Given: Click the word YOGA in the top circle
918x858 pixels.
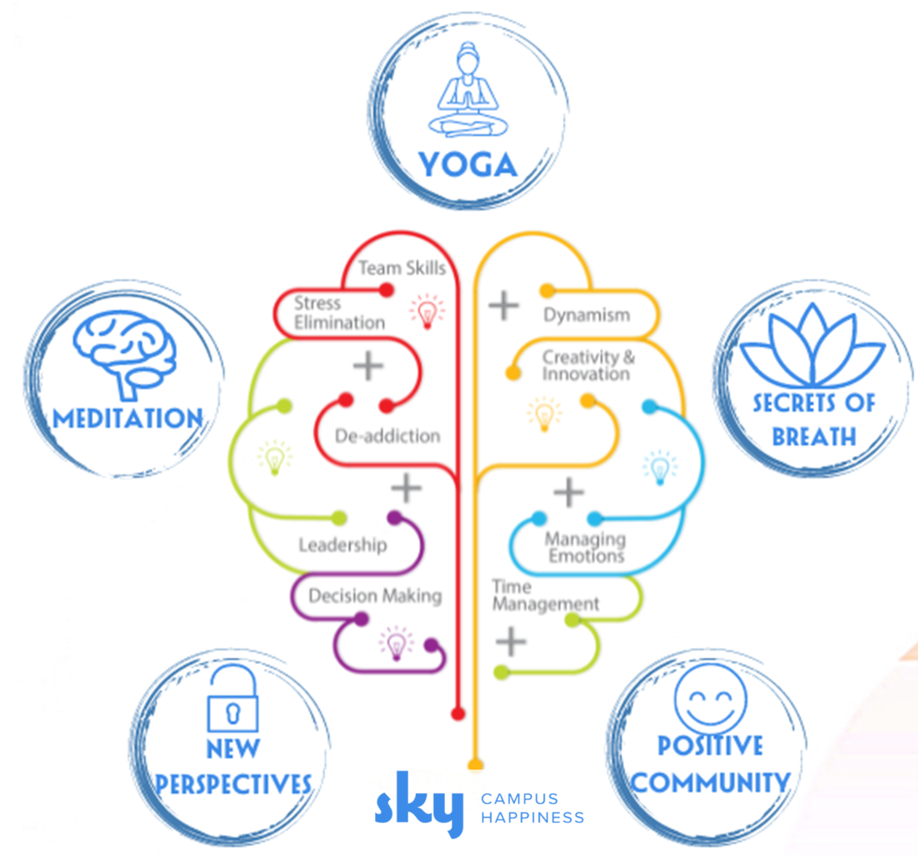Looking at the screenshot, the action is click(467, 165).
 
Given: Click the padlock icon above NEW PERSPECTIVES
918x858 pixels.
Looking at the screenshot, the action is click(233, 698).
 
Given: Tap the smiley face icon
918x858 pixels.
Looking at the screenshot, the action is click(710, 698).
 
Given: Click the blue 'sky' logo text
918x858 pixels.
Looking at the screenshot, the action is click(419, 803).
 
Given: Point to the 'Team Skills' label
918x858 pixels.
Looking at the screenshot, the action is click(401, 268).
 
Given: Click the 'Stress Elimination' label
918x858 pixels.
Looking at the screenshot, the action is click(339, 313).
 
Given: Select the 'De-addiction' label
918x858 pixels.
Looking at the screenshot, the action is click(387, 436).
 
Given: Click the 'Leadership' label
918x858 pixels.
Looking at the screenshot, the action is click(343, 545).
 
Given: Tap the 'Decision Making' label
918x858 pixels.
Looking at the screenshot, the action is click(375, 596).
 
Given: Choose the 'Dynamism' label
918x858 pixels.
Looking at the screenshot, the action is click(587, 315).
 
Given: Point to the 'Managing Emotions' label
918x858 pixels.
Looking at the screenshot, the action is click(586, 548).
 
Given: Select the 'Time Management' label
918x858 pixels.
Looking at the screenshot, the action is click(545, 595).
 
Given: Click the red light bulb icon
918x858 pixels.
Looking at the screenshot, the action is click(426, 310).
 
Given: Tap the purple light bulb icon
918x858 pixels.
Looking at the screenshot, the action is click(396, 643).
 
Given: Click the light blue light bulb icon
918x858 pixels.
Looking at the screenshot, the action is click(660, 467).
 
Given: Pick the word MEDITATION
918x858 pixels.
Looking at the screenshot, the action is click(128, 418).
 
